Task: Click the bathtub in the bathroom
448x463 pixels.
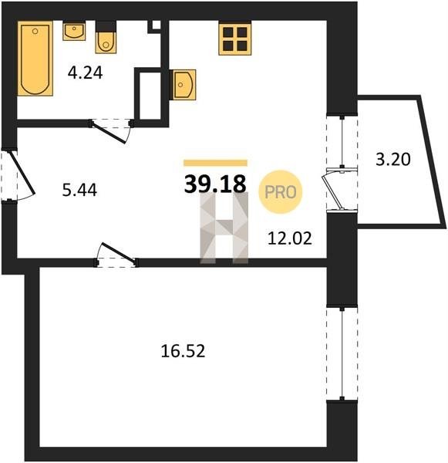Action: [x=35, y=59]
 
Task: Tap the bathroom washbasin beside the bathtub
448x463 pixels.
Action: [x=74, y=31]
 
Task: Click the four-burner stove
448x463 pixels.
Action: [x=235, y=39]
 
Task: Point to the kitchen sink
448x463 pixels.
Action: [x=183, y=85]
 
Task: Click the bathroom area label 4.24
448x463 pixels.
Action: [x=85, y=73]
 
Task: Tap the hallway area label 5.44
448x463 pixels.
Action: [x=79, y=190]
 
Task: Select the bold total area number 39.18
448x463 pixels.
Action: [x=215, y=184]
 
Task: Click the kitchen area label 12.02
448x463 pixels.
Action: [x=289, y=238]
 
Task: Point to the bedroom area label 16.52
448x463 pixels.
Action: [x=183, y=351]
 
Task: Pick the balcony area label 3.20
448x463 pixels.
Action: [x=393, y=160]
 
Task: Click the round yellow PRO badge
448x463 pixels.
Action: [x=281, y=192]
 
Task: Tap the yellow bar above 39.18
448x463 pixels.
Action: [x=215, y=163]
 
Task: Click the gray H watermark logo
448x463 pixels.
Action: [x=224, y=228]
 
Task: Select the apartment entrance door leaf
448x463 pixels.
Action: [x=23, y=173]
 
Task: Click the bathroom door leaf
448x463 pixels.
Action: [x=109, y=133]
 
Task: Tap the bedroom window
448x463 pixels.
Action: [x=342, y=353]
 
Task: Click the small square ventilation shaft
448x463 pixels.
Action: [x=156, y=25]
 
